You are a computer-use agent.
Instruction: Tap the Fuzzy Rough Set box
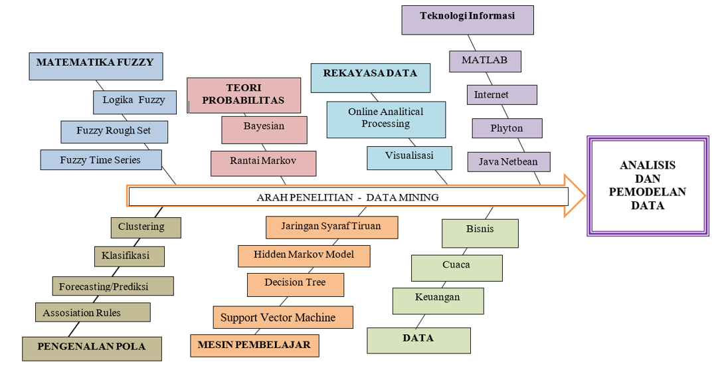tap(114, 132)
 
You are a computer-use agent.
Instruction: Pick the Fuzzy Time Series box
tap(100, 160)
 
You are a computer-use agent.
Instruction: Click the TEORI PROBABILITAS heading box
tap(243, 94)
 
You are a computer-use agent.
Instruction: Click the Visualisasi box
tap(409, 157)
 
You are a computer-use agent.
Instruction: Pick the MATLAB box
tap(484, 61)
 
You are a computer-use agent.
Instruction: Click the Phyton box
tap(507, 128)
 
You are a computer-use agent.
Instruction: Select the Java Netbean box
tap(508, 161)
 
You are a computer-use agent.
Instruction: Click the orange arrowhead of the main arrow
tap(575, 196)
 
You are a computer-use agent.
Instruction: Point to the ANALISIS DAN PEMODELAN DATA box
tap(648, 185)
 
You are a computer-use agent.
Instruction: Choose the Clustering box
tap(145, 227)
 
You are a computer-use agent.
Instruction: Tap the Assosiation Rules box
tap(92, 312)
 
